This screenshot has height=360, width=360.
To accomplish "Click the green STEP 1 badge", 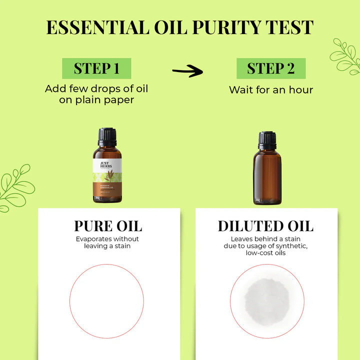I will coord(96,68).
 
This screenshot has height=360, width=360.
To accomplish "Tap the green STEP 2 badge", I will coord(271,68).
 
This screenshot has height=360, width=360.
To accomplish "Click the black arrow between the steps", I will coord(187,71).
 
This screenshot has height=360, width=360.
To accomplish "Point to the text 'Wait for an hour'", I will coord(271,90).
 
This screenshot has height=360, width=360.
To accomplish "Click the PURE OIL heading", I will coord(108,225).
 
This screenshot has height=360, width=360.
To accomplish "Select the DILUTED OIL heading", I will coord(265,225).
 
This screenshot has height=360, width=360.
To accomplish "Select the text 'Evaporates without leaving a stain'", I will coord(107,242).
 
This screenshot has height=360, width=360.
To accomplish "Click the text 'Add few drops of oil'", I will coord(96,88).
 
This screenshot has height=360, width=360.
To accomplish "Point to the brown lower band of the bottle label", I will coord(107,192).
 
